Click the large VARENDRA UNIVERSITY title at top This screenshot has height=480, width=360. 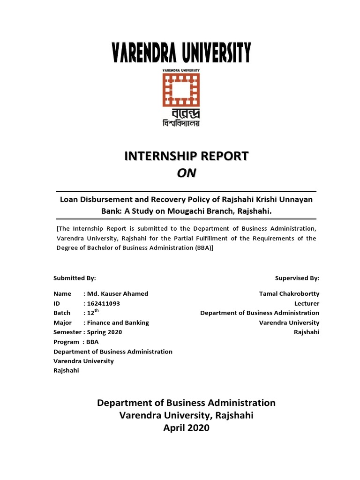(x=180, y=52)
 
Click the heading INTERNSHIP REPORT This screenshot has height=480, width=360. (x=187, y=157)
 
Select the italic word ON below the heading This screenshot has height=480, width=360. (x=187, y=173)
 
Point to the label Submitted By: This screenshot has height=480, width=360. (x=75, y=278)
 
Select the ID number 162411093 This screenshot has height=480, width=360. (x=104, y=303)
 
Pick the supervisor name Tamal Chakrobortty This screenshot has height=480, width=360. (x=289, y=293)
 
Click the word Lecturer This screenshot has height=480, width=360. (x=307, y=303)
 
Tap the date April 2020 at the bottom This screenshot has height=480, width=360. (x=186, y=428)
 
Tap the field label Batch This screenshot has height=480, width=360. (x=62, y=313)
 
